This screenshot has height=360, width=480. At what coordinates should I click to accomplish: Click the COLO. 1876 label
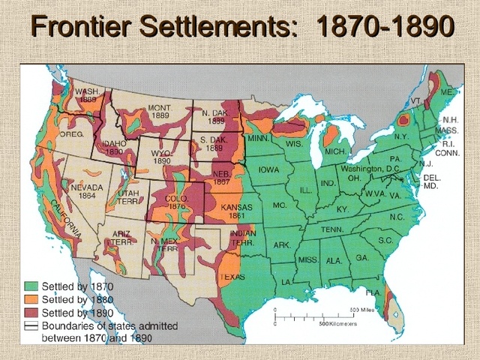pyautogui.click(x=177, y=202)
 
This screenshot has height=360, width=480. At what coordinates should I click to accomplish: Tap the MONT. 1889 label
pyautogui.click(x=160, y=112)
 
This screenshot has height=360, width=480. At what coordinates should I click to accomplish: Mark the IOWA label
pyautogui.click(x=268, y=170)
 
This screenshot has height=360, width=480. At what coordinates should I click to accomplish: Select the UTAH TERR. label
pyautogui.click(x=128, y=196)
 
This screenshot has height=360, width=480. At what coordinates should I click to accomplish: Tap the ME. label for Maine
pyautogui.click(x=446, y=91)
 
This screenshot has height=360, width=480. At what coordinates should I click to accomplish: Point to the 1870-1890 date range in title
pyautogui.click(x=385, y=29)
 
